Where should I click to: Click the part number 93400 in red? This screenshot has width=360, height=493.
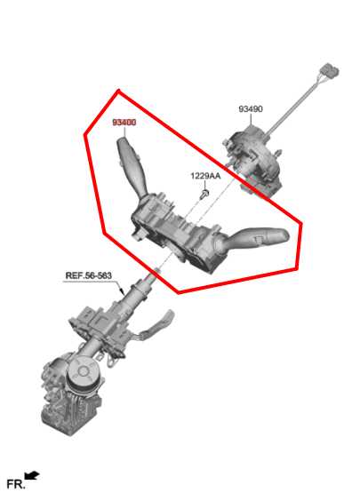(124, 122)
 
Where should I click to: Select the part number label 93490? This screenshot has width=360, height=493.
(250, 109)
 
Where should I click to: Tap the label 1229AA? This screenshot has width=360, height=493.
(204, 176)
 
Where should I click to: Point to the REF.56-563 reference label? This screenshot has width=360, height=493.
(88, 275)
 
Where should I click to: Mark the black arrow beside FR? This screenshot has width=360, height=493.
(33, 477)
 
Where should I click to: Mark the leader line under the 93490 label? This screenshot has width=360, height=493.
(250, 122)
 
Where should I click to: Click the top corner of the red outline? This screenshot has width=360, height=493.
(117, 90)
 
